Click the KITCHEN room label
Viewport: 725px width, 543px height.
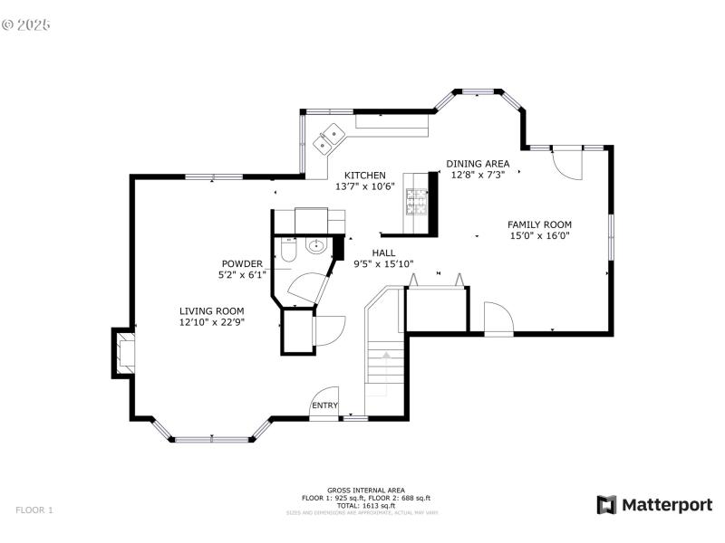click(x=364, y=176)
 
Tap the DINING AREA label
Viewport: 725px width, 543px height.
click(x=478, y=164)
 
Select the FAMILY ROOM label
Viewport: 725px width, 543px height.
click(x=539, y=224)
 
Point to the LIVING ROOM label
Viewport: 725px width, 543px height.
click(x=211, y=310)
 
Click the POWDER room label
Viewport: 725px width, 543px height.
click(x=241, y=264)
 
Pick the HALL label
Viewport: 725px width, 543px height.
click(x=382, y=254)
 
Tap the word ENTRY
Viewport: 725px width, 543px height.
click(x=325, y=405)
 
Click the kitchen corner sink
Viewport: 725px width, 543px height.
click(x=328, y=139)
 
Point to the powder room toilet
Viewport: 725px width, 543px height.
click(x=287, y=250)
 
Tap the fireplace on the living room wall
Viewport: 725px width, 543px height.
click(x=122, y=352)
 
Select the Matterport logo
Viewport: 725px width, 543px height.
click(x=654, y=505)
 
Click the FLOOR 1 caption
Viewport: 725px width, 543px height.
click(x=34, y=510)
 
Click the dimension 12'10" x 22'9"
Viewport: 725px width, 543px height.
click(x=211, y=321)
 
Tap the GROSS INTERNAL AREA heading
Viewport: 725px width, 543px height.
click(x=365, y=490)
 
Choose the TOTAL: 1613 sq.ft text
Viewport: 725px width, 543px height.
click(x=365, y=505)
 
